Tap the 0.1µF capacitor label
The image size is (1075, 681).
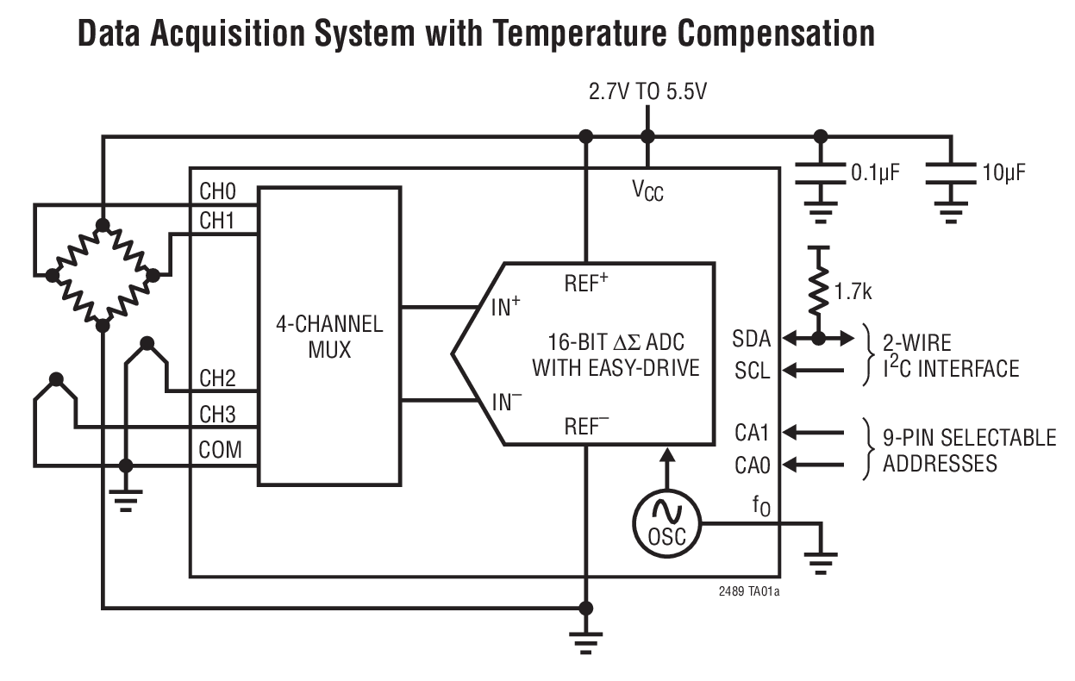pos(875,172)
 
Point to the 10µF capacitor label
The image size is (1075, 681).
pos(1003,172)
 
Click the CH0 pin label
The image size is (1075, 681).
pos(217,191)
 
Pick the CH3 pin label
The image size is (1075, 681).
pos(217,415)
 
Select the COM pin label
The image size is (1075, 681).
pos(221,449)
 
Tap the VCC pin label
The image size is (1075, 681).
pos(647,190)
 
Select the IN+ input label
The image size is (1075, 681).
pos(506,306)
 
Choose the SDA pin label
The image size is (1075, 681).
pos(752,337)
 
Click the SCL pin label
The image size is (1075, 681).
pos(752,371)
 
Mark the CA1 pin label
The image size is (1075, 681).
pos(752,431)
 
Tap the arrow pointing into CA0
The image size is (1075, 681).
pos(814,465)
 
